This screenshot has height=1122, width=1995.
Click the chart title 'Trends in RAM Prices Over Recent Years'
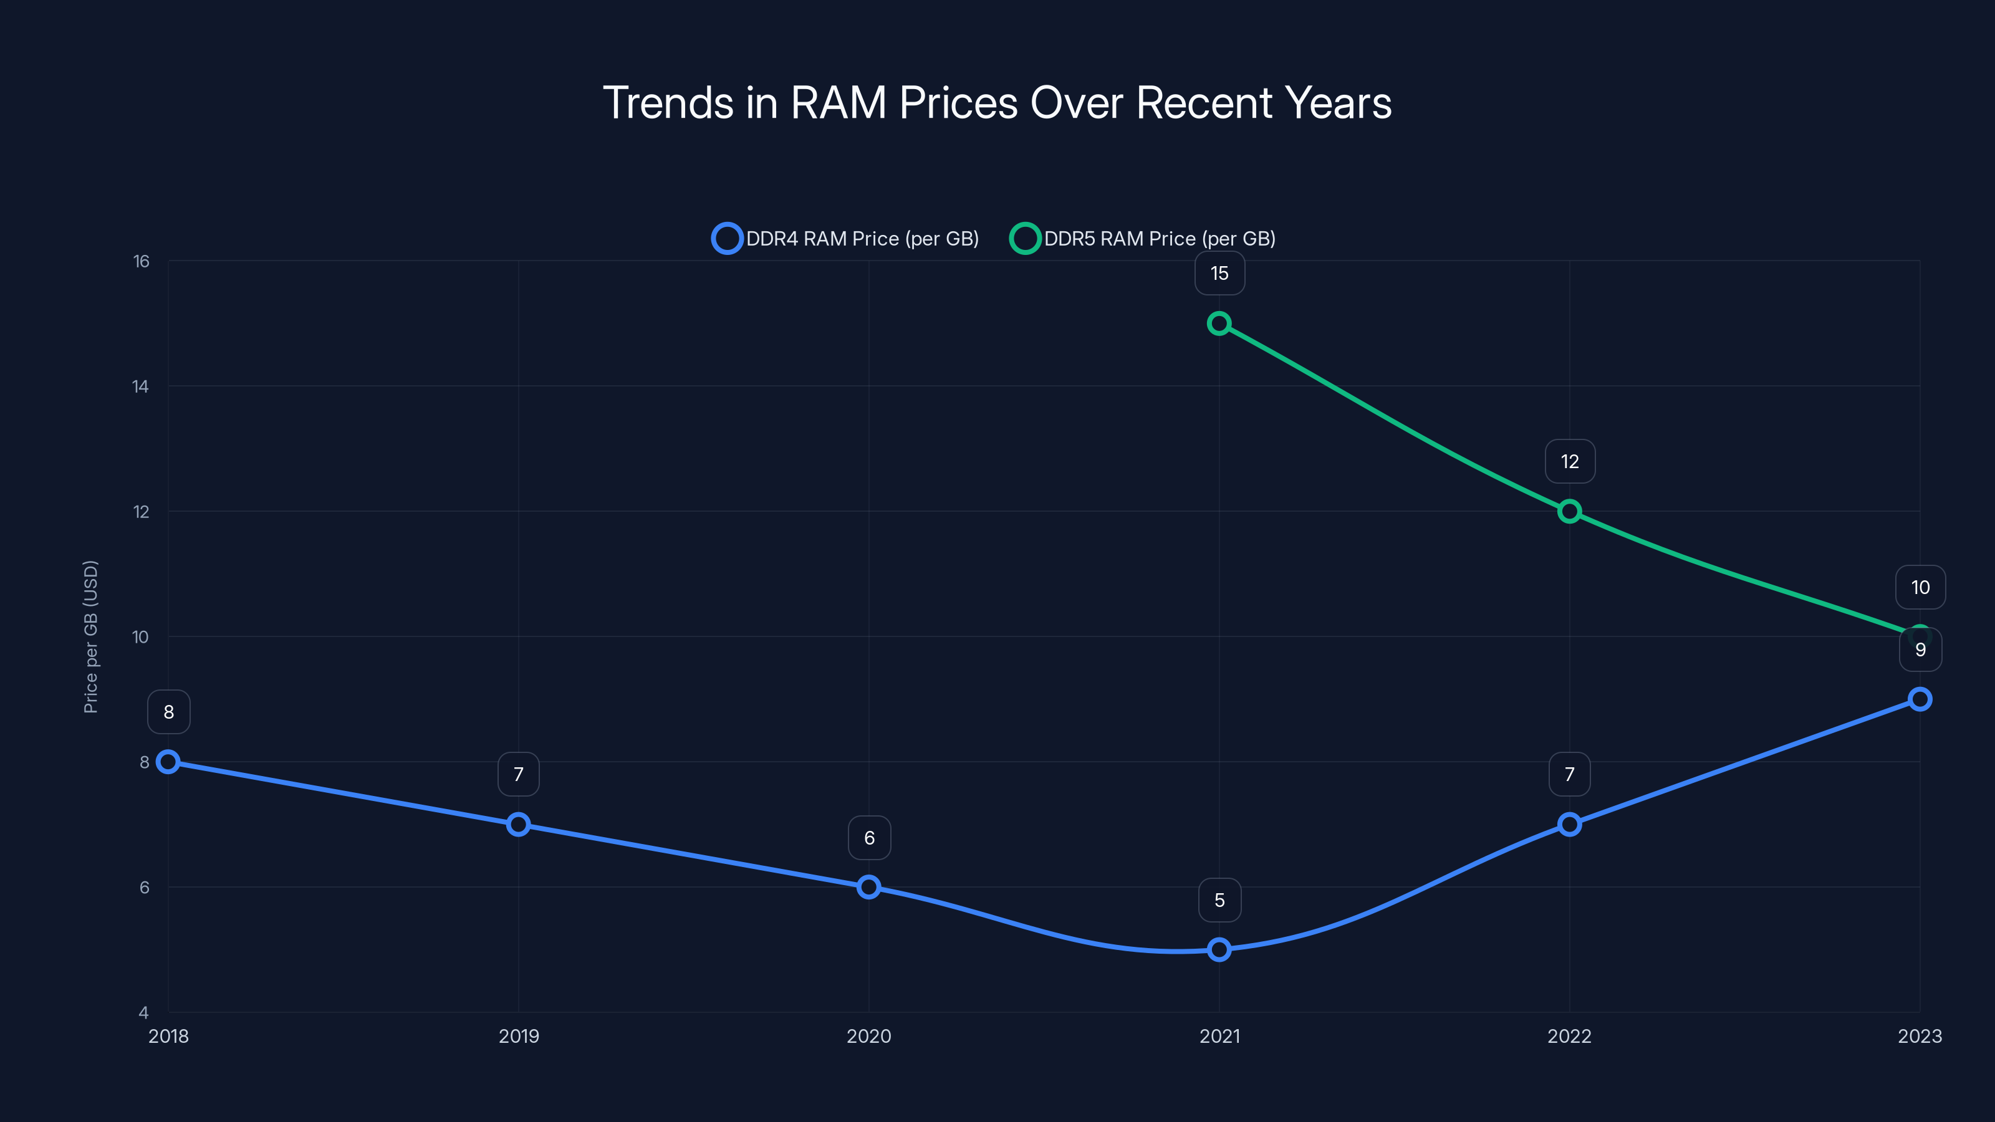(997, 103)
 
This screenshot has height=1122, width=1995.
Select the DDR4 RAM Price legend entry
(846, 239)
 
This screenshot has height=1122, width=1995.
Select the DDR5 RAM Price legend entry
(1143, 239)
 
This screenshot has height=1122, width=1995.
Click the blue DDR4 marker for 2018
(168, 762)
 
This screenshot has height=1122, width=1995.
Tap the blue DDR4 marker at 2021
(1219, 949)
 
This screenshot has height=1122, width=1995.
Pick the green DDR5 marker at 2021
(1219, 323)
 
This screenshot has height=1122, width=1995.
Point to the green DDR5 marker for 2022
(1569, 511)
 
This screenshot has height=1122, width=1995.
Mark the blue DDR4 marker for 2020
(869, 886)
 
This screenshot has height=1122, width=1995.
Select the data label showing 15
(1219, 274)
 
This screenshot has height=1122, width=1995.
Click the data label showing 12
(1569, 461)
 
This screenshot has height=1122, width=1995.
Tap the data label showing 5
(1219, 899)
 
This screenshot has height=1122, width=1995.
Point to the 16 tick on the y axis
(140, 261)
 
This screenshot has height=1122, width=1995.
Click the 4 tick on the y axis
(143, 1012)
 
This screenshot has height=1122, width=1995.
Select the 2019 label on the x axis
(518, 1036)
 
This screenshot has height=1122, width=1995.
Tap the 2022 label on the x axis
(1569, 1036)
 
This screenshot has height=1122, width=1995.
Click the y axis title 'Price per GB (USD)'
(90, 636)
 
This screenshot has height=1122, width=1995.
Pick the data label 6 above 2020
(869, 838)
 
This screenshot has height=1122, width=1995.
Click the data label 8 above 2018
(168, 712)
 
